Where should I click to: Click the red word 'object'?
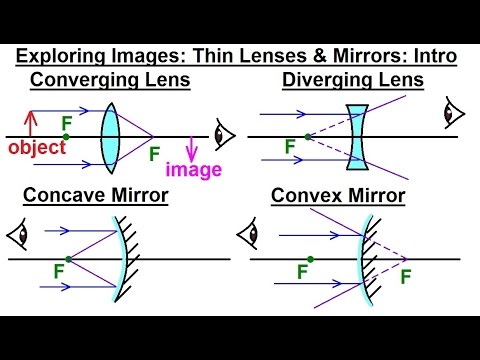[x=36, y=148]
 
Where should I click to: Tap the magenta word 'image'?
[x=194, y=169]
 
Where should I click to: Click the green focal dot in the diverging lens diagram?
[x=306, y=136]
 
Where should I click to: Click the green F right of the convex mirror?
[x=405, y=277]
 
